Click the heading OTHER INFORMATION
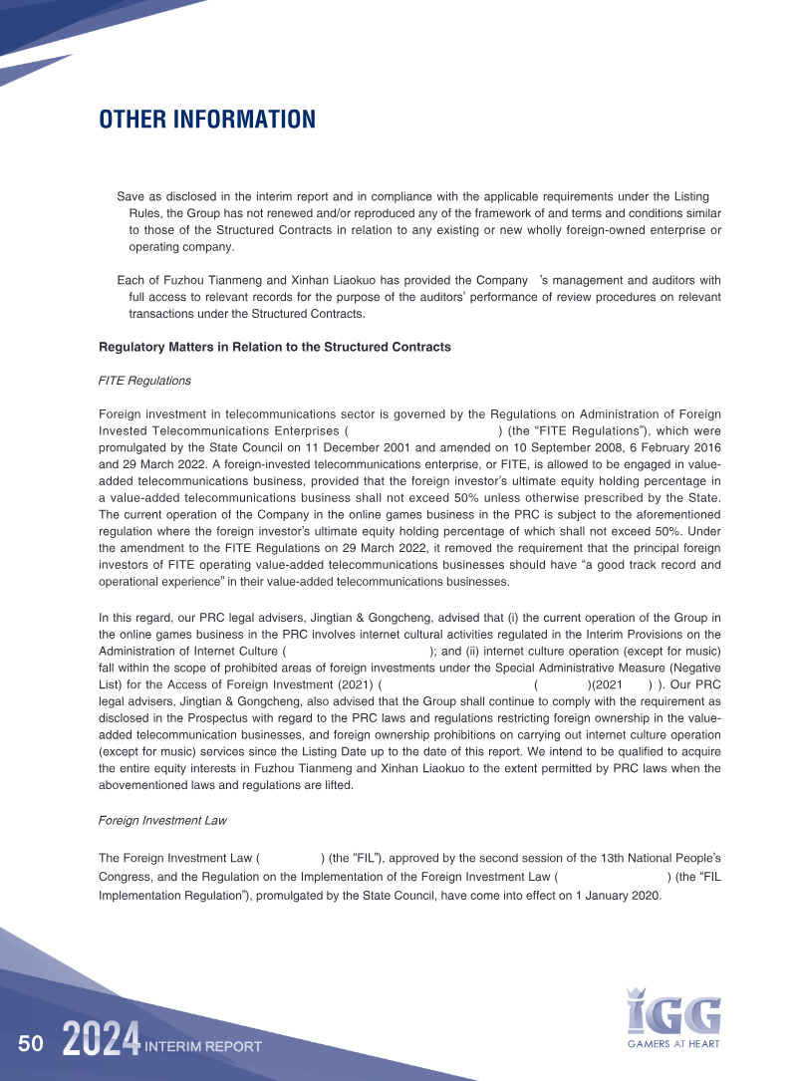click(206, 121)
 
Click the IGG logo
click(673, 1011)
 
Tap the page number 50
click(30, 1044)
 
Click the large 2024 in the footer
click(101, 1042)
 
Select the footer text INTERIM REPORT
click(203, 1046)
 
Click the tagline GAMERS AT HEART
click(673, 1044)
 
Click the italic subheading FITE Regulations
click(144, 381)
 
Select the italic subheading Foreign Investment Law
click(162, 821)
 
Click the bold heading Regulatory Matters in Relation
click(275, 348)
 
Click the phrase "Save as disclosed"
click(165, 197)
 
